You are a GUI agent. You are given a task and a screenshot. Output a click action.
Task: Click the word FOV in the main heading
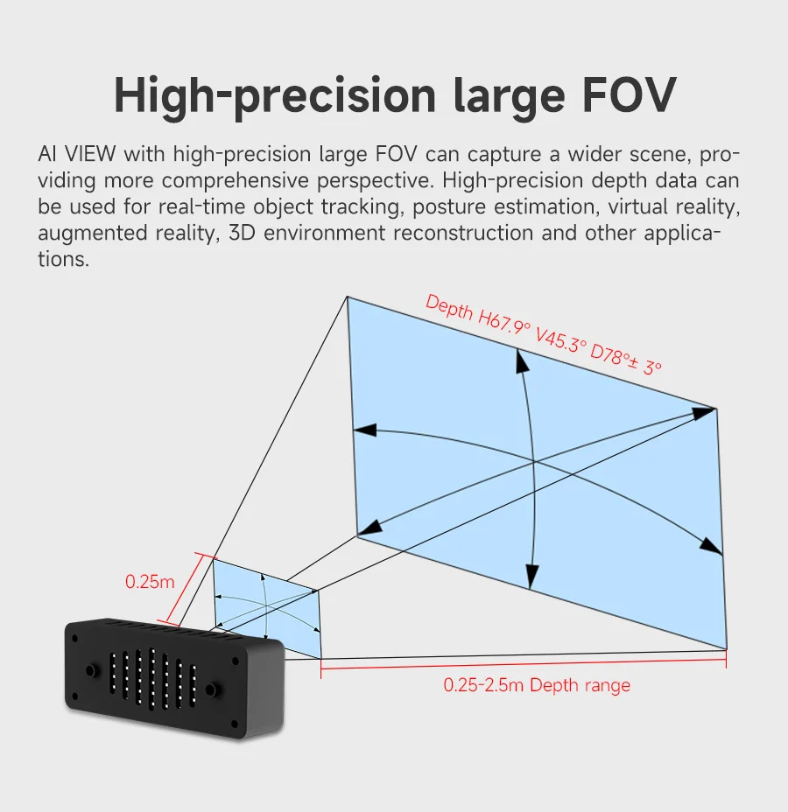click(629, 94)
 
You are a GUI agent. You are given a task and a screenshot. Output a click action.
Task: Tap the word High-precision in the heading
click(275, 97)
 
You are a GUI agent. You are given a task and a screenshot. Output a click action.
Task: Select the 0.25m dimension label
click(150, 582)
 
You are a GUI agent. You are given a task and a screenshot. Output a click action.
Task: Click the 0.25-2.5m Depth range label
click(537, 685)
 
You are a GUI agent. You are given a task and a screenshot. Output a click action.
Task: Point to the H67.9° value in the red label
click(504, 321)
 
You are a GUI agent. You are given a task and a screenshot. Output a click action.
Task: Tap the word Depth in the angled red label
click(449, 308)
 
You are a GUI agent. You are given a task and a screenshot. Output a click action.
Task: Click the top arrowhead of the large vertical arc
click(522, 361)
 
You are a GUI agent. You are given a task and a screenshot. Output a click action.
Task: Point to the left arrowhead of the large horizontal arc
click(365, 430)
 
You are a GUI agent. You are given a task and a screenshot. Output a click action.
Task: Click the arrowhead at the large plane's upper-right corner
click(704, 412)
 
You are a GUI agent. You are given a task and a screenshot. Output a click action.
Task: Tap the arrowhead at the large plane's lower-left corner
click(369, 528)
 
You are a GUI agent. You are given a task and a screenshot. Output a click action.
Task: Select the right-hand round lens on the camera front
click(211, 689)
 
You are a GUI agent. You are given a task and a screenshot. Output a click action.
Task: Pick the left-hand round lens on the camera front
click(90, 671)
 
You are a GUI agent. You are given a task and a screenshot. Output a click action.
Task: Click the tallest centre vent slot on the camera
click(151, 678)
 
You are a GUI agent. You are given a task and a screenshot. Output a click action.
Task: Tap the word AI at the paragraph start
click(47, 154)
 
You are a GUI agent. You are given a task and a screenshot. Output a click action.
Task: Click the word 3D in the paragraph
click(242, 233)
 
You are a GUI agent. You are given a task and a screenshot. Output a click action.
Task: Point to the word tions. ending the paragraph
click(64, 259)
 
